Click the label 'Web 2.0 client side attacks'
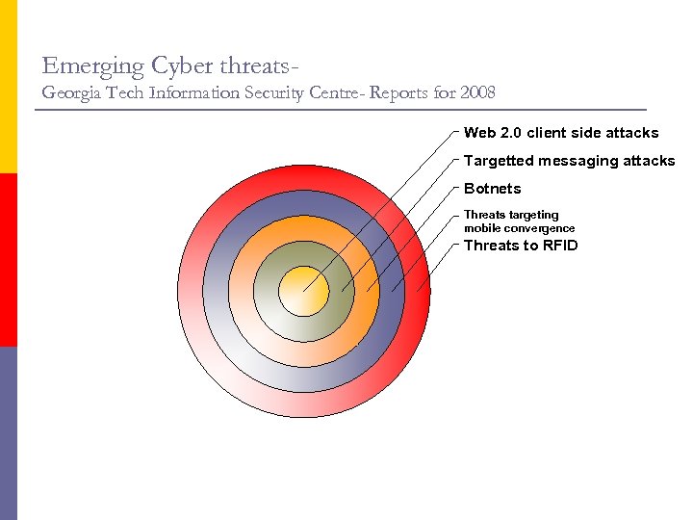[x=561, y=133]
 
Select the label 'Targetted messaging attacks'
[x=569, y=161]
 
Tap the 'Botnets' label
[x=492, y=189]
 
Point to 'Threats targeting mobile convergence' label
[x=519, y=221]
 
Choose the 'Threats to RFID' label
[x=521, y=246]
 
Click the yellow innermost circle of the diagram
[x=304, y=291]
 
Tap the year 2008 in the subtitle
[x=477, y=93]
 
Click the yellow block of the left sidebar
[x=8, y=87]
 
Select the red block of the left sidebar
[x=8, y=260]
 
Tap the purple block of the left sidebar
[x=8, y=433]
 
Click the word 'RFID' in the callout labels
[x=560, y=246]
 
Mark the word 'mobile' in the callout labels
[x=481, y=229]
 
